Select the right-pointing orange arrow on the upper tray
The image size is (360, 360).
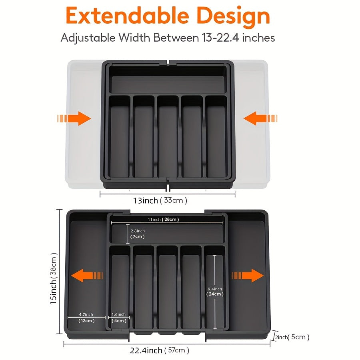click(74, 118)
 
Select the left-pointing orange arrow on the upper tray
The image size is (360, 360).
click(260, 118)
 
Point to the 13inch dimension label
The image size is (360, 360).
click(145, 200)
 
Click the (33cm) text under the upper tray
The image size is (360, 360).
click(174, 200)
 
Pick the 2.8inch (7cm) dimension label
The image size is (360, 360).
click(138, 234)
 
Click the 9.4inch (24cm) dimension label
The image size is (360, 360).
click(215, 292)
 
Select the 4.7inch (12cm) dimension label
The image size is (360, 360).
click(86, 318)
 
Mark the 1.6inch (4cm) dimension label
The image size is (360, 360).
click(119, 318)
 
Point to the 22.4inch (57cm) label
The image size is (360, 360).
click(159, 350)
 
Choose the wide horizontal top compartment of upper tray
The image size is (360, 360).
click(168, 82)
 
